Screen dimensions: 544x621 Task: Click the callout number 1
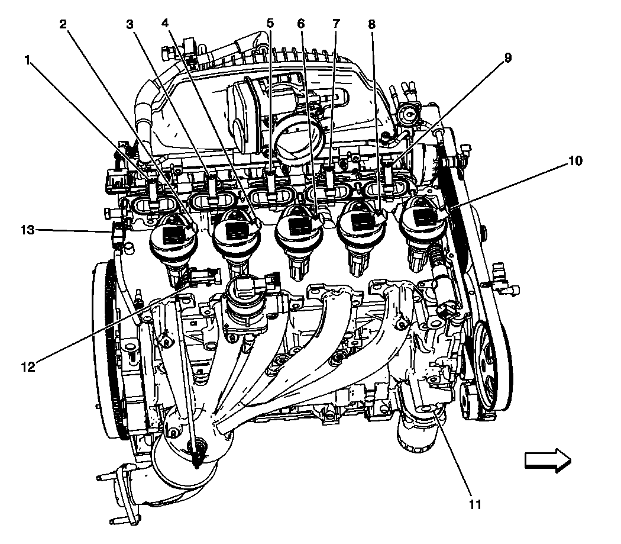(27, 59)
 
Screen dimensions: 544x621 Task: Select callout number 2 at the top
(63, 24)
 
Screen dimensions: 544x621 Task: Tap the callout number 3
(130, 24)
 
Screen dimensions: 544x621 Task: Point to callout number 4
(165, 23)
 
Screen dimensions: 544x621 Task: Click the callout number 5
(270, 23)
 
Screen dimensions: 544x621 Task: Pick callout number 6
(302, 23)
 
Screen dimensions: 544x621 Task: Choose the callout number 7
(337, 24)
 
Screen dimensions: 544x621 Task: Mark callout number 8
(371, 24)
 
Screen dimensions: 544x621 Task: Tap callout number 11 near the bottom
(475, 505)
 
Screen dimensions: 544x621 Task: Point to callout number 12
(28, 366)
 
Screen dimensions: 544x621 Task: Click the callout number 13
(25, 230)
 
